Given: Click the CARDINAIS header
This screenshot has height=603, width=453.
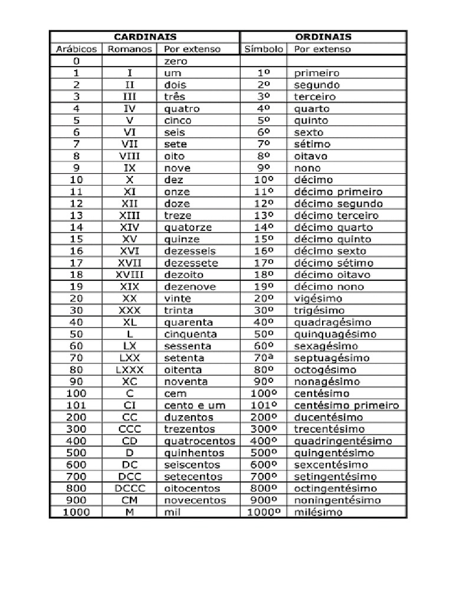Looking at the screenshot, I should coord(145,37).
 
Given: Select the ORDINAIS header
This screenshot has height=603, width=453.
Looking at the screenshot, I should coord(323,37).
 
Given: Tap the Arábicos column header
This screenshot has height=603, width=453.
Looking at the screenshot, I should coord(76,49).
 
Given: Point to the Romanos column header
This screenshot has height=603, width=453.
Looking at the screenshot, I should coord(130,49).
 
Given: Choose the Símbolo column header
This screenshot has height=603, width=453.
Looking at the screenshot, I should coord(263,49).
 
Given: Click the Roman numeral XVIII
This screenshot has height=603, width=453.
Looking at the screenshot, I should coord(130,274).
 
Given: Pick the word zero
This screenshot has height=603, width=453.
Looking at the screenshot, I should coord(176,61).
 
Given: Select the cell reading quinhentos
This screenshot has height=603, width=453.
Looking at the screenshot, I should coord(194,453).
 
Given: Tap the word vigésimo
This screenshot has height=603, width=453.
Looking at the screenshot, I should coord(319,299).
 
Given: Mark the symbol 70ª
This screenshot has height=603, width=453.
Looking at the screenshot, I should coord(263,358).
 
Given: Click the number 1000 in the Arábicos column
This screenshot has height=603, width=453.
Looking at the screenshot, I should coord(76,512).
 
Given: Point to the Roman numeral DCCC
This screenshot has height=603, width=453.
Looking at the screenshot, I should coord(130,488).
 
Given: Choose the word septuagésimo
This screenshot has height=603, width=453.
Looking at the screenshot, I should coord(332,358).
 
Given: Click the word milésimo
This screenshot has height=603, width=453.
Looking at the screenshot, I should coord(317,512).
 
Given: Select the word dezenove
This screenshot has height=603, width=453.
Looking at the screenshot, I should coord(190,287).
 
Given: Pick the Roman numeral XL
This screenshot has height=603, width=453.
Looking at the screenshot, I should coord(130,322).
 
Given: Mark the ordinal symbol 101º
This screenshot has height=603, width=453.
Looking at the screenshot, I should coord(263,405).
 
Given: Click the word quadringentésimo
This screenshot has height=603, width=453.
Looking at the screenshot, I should coord(343,441).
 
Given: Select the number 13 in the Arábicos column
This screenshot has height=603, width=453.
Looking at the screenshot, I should coord(76,216).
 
